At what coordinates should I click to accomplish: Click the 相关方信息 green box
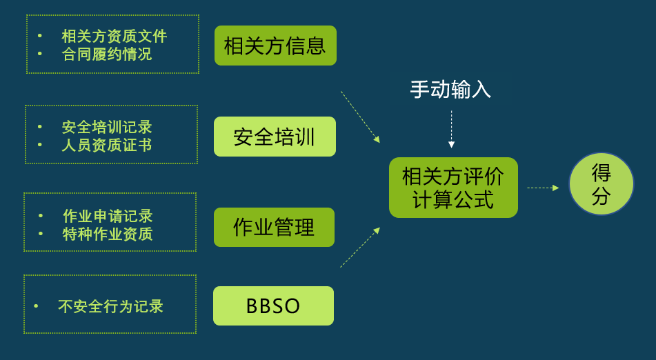tap(275, 46)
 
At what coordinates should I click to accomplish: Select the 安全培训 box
tap(275, 137)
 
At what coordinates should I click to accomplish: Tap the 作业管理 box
tap(274, 227)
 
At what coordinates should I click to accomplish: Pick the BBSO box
tap(273, 306)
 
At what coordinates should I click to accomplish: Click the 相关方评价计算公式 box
tap(453, 188)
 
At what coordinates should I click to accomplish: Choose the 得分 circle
tap(601, 183)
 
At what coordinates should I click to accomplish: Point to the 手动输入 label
tap(450, 89)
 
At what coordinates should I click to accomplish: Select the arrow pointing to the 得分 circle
tap(543, 188)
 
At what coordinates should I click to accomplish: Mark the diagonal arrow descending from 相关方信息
tap(360, 117)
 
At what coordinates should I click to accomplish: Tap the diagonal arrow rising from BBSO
tap(360, 248)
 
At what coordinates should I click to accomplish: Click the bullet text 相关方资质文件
tap(114, 36)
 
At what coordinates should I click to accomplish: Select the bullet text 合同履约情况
tap(106, 54)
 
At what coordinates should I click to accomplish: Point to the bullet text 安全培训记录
tap(106, 127)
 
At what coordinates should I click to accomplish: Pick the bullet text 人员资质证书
tap(106, 145)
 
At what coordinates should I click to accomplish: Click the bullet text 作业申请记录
tap(107, 216)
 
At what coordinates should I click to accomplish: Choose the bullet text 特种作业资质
tap(107, 234)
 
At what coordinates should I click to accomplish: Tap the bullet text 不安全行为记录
tap(110, 306)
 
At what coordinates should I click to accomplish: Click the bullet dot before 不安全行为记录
tap(36, 306)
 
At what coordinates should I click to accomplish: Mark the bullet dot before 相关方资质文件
tap(39, 36)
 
